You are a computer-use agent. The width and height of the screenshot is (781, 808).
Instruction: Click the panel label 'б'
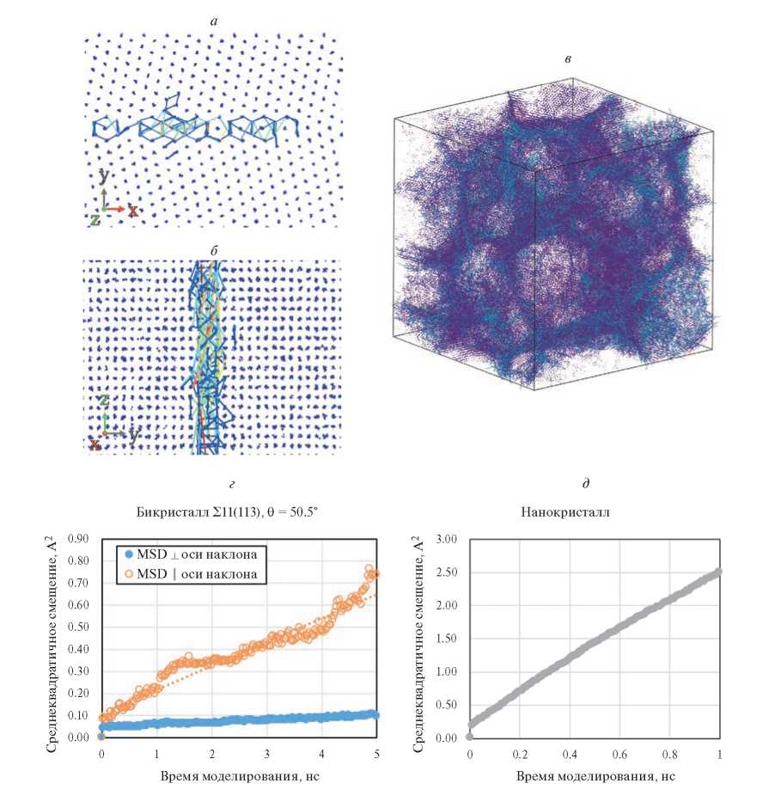212,250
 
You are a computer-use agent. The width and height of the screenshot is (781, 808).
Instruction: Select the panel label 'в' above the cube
567,58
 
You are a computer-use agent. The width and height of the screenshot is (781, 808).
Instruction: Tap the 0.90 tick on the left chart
77,539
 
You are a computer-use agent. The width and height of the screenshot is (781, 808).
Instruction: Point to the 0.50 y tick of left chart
77,627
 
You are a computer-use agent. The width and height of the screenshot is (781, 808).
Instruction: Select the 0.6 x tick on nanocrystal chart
619,754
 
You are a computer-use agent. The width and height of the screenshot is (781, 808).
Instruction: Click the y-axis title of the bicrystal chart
52,638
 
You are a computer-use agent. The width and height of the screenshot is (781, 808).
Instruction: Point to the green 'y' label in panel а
103,175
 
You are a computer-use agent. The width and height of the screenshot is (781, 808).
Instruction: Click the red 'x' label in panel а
132,210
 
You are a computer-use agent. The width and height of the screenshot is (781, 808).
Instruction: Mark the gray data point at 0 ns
469,737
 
